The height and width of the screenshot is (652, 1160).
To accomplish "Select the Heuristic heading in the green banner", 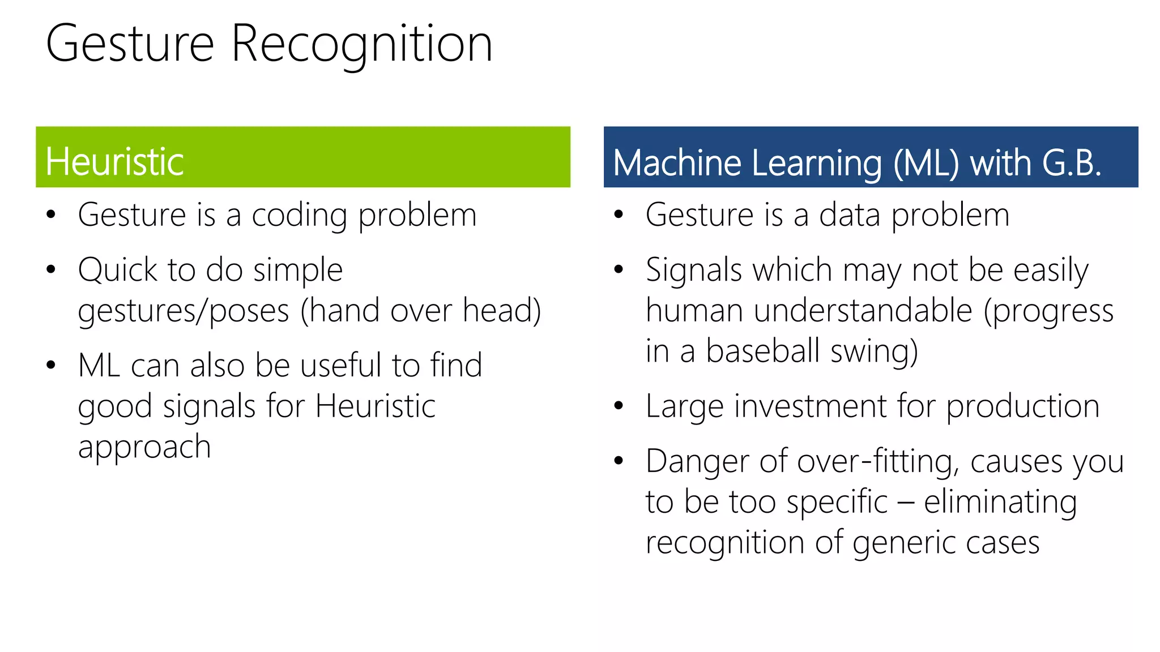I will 114,162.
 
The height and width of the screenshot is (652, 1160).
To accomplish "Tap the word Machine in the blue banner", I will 677,164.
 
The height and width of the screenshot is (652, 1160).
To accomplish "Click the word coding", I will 299,216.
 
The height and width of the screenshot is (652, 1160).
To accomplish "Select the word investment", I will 808,406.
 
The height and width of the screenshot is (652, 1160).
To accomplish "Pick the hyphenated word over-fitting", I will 877,462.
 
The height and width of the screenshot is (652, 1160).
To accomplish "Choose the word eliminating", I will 1000,503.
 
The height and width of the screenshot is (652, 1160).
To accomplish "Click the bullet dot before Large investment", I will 619,406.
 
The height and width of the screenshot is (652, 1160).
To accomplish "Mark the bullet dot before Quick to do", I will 51,269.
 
